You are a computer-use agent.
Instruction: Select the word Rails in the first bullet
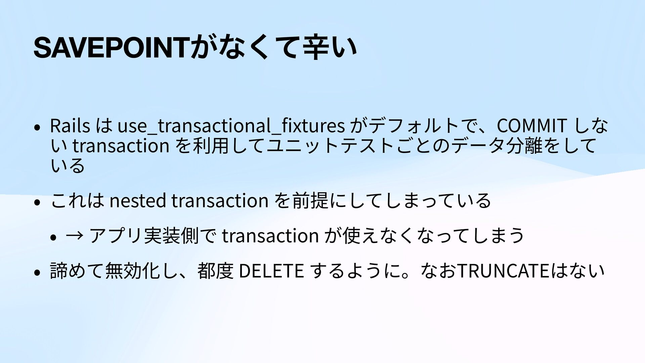tap(70, 125)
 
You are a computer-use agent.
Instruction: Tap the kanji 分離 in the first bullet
tap(524, 146)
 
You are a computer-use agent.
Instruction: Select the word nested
tap(138, 201)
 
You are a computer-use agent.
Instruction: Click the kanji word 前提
tap(310, 201)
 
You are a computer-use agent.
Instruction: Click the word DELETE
tap(271, 271)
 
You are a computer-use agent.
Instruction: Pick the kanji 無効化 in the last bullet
tap(132, 271)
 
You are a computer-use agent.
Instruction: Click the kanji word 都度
tap(216, 271)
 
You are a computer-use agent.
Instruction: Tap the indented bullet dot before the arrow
tap(53, 237)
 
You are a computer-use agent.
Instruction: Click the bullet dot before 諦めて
tap(37, 273)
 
